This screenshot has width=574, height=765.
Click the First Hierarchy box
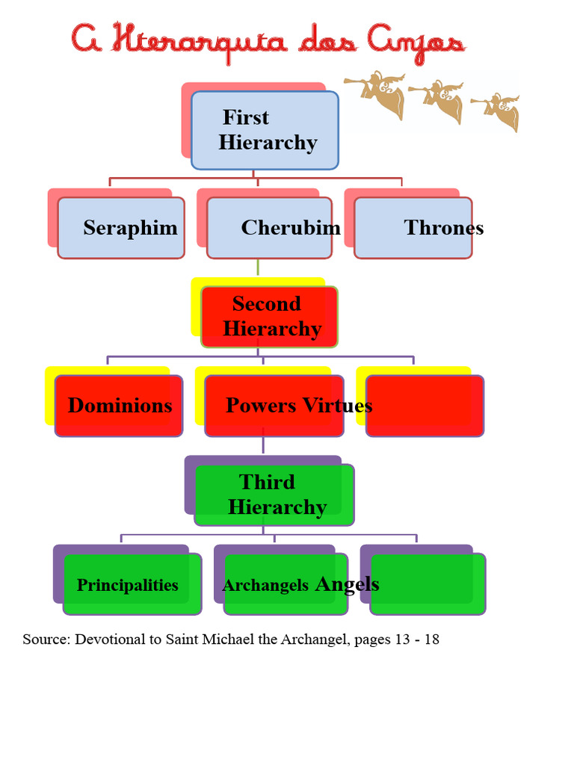(265, 130)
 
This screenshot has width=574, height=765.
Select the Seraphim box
(121, 228)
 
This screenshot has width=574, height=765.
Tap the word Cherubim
(291, 227)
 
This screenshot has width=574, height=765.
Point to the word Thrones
(444, 227)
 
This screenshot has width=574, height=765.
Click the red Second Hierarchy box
(269, 317)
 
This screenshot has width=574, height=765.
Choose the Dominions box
(119, 406)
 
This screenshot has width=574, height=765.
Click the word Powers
(261, 406)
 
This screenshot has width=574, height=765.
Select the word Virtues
(337, 406)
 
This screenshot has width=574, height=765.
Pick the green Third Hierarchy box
(274, 495)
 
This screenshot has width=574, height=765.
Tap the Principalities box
(132, 584)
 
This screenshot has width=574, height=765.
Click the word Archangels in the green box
(265, 585)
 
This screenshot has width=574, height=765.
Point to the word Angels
(348, 584)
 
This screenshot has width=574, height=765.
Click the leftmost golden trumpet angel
(376, 94)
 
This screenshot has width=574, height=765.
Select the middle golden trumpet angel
(437, 101)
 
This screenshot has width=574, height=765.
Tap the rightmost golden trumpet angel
(496, 111)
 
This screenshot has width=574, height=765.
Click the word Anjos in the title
(416, 43)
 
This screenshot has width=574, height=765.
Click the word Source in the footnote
(47, 639)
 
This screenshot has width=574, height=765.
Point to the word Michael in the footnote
(230, 639)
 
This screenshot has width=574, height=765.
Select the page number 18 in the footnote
(432, 639)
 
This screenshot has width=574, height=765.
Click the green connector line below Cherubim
(258, 267)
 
